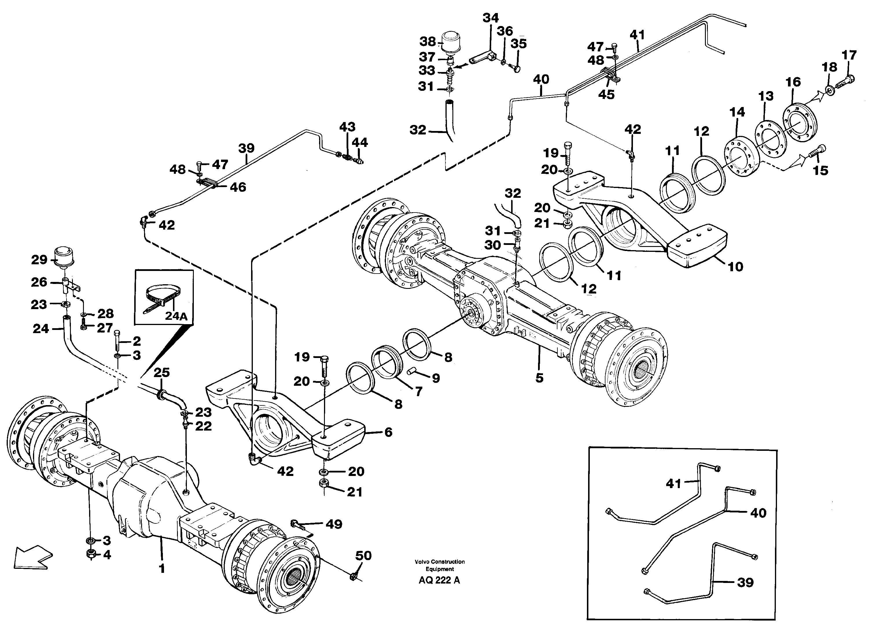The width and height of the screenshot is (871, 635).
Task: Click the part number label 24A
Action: (x=176, y=316)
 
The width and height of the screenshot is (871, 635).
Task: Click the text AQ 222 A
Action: (x=439, y=580)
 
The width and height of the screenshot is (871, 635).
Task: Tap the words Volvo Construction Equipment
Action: (x=439, y=565)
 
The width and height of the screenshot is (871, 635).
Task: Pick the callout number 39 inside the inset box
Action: (x=745, y=582)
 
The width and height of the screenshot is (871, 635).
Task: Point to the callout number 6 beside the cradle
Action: (x=388, y=432)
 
